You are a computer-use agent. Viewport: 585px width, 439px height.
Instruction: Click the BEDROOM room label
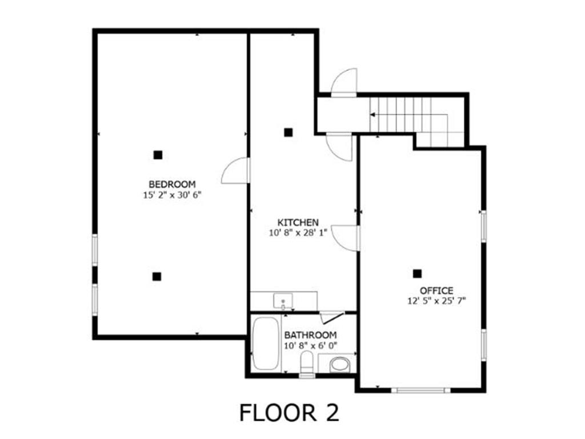point(172,184)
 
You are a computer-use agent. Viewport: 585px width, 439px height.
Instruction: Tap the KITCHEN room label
point(298,222)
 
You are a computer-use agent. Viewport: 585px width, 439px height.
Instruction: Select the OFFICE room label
point(436,290)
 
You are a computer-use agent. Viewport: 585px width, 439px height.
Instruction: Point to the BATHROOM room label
point(310,335)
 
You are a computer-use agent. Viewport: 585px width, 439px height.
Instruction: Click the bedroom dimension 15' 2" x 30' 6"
point(172,194)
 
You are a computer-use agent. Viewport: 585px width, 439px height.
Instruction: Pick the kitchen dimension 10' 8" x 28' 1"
point(298,233)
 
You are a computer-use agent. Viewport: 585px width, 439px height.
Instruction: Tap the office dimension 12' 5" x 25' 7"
point(436,301)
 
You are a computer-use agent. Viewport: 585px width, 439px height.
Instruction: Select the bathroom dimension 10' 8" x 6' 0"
point(310,346)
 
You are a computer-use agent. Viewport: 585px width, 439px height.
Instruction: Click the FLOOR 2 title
point(289,413)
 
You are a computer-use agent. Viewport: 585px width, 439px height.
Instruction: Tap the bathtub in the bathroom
point(265,343)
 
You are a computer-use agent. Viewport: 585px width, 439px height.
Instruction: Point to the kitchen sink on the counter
point(283,300)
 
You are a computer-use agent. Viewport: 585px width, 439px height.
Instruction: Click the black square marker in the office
point(418,274)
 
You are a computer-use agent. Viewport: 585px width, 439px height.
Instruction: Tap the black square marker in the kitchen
point(289,133)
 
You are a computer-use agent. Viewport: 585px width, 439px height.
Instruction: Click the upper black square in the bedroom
point(158,154)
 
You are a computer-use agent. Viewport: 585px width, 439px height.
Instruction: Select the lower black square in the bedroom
point(157,276)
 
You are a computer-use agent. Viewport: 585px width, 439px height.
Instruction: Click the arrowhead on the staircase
point(372,115)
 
